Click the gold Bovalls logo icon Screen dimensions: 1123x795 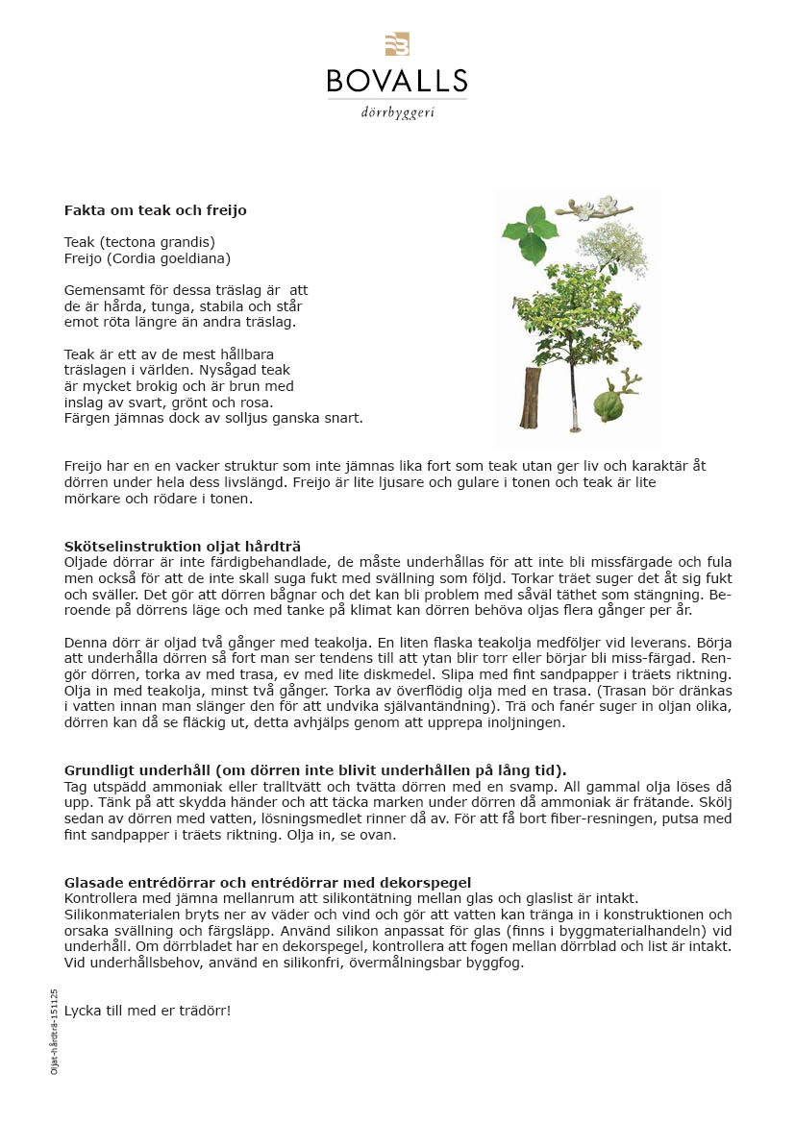tap(397, 44)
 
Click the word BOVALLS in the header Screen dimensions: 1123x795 tap(397, 80)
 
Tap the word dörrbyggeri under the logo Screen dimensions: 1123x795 tap(397, 112)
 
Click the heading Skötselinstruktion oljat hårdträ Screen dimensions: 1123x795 tap(183, 546)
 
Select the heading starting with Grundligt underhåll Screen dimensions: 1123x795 tap(315, 769)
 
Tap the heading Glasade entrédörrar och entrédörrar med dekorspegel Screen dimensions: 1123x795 tap(267, 882)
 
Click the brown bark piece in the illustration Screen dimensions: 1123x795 tap(530, 398)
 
